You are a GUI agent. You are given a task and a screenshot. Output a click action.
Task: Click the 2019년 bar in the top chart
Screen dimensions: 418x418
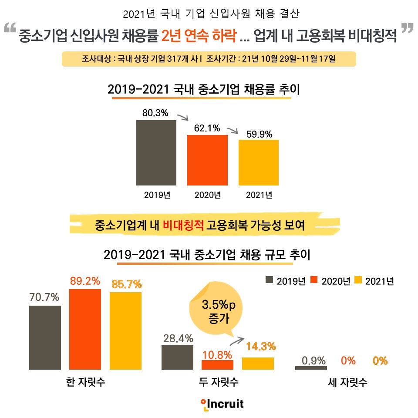pyautogui.click(x=156, y=153)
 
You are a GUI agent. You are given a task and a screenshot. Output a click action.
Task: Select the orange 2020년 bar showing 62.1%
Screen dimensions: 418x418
pyautogui.click(x=208, y=160)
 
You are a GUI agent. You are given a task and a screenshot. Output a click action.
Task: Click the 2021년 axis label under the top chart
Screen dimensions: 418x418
pyautogui.click(x=259, y=195)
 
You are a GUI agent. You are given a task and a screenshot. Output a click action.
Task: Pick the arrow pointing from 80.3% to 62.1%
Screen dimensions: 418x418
pyautogui.click(x=182, y=117)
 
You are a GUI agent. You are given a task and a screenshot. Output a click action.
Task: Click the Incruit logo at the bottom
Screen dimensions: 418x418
pyautogui.click(x=222, y=404)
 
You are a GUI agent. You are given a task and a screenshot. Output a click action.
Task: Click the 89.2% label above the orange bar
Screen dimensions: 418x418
pyautogui.click(x=85, y=281)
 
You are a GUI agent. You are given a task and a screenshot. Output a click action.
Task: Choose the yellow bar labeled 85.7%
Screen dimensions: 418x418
pyautogui.click(x=125, y=330)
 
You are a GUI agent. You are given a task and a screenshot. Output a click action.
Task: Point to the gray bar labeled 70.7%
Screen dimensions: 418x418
pyautogui.click(x=45, y=337)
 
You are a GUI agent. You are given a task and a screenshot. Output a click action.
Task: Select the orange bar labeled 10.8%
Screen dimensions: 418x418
pyautogui.click(x=217, y=365)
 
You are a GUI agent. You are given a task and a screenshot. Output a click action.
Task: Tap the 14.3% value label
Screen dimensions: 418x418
pyautogui.click(x=260, y=347)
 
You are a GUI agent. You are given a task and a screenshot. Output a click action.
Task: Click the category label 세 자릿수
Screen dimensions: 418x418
pyautogui.click(x=347, y=383)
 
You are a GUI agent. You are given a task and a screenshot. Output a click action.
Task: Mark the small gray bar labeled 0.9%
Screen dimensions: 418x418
pyautogui.click(x=310, y=368)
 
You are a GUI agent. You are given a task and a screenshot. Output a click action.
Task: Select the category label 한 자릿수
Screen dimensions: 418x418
pyautogui.click(x=84, y=383)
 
